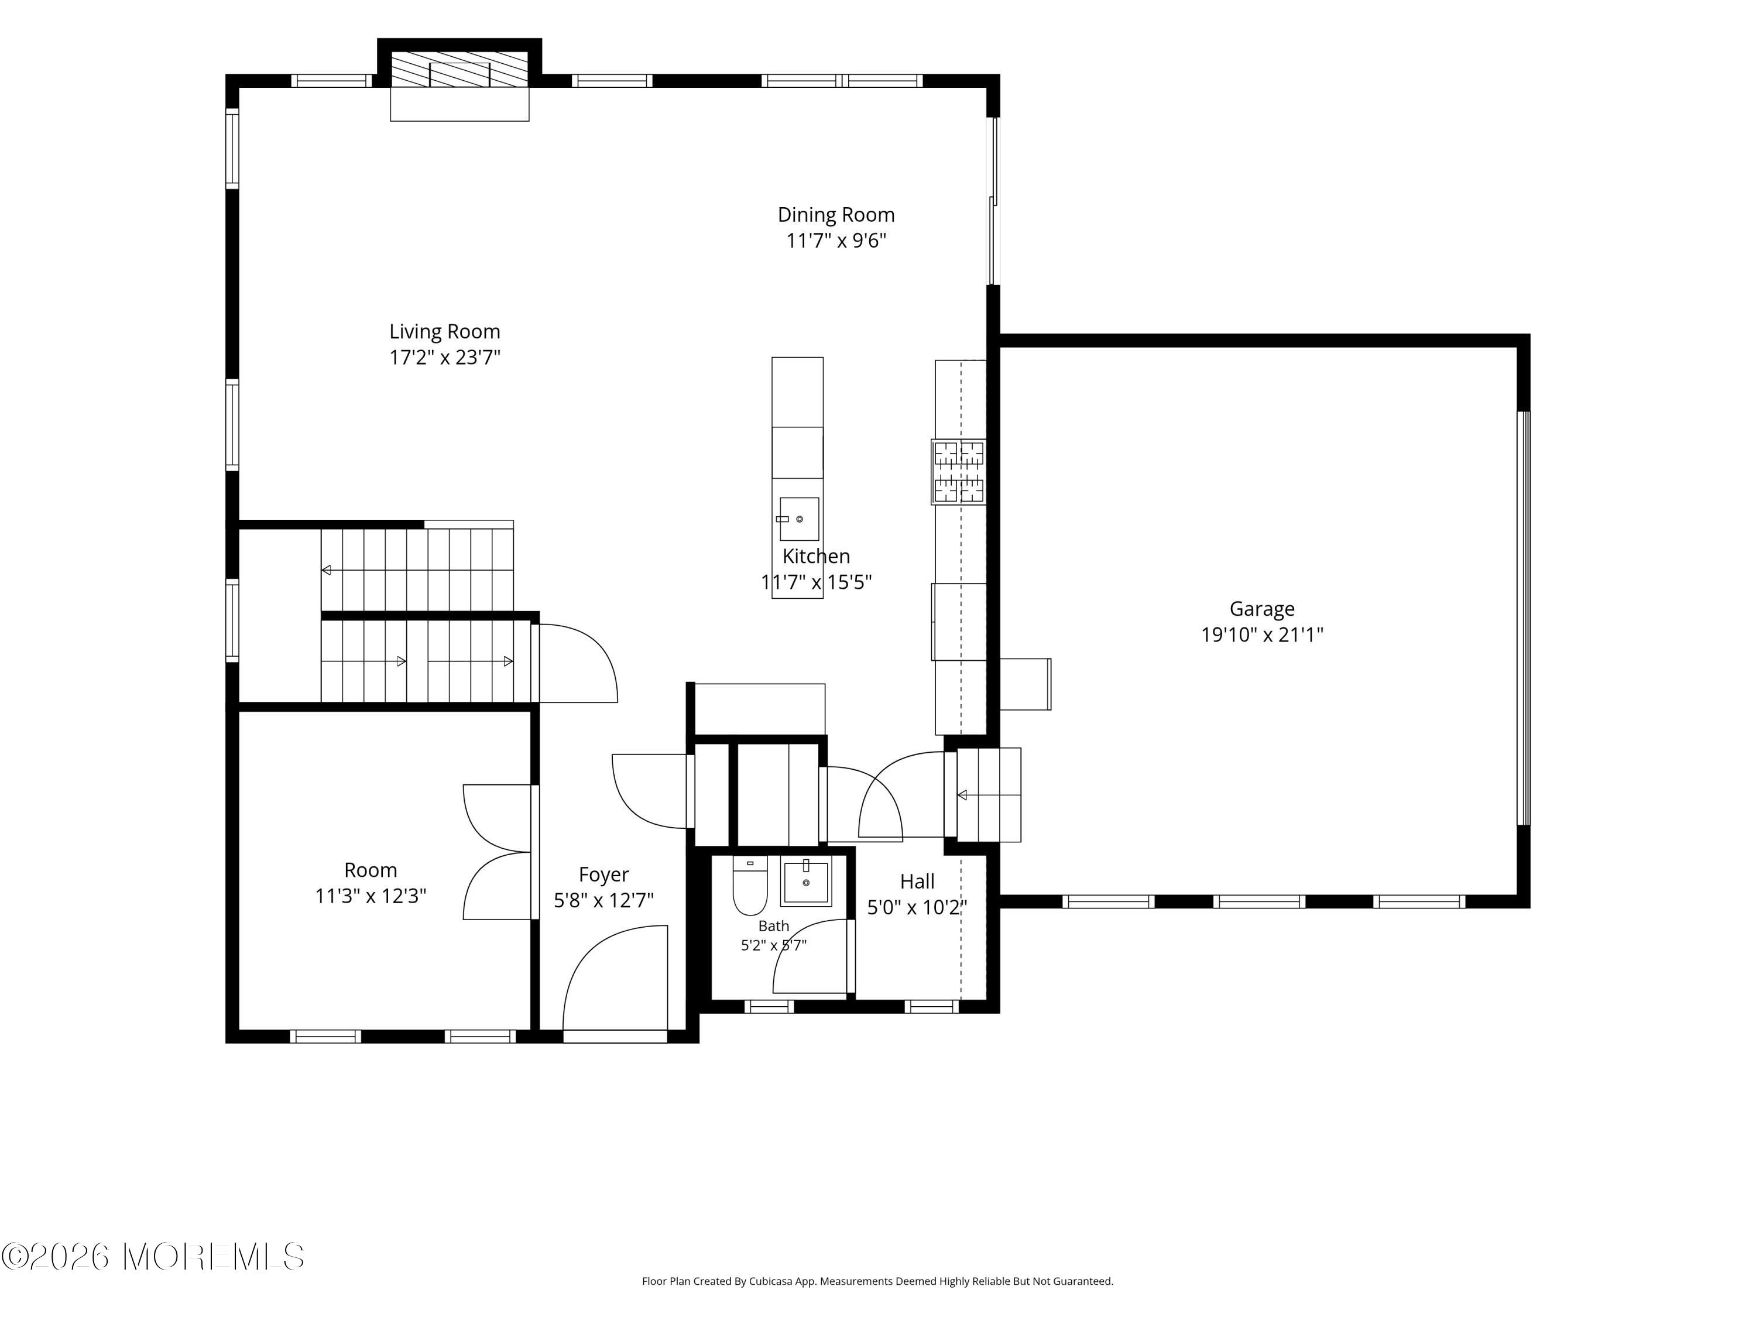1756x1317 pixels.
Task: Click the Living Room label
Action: (444, 331)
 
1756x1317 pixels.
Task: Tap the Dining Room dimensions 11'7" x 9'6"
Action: (836, 240)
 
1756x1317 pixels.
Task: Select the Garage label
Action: (1261, 609)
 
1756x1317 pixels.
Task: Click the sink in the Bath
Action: (806, 881)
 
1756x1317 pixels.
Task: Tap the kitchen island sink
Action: (798, 519)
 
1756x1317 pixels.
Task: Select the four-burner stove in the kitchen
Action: (959, 472)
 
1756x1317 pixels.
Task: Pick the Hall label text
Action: (917, 881)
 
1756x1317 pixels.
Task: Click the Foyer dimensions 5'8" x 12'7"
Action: (603, 900)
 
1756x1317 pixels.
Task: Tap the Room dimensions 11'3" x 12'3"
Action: (371, 896)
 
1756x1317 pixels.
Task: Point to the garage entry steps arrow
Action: (989, 795)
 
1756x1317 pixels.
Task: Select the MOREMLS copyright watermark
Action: (152, 1257)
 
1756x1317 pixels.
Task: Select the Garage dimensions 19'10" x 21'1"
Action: (1261, 635)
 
